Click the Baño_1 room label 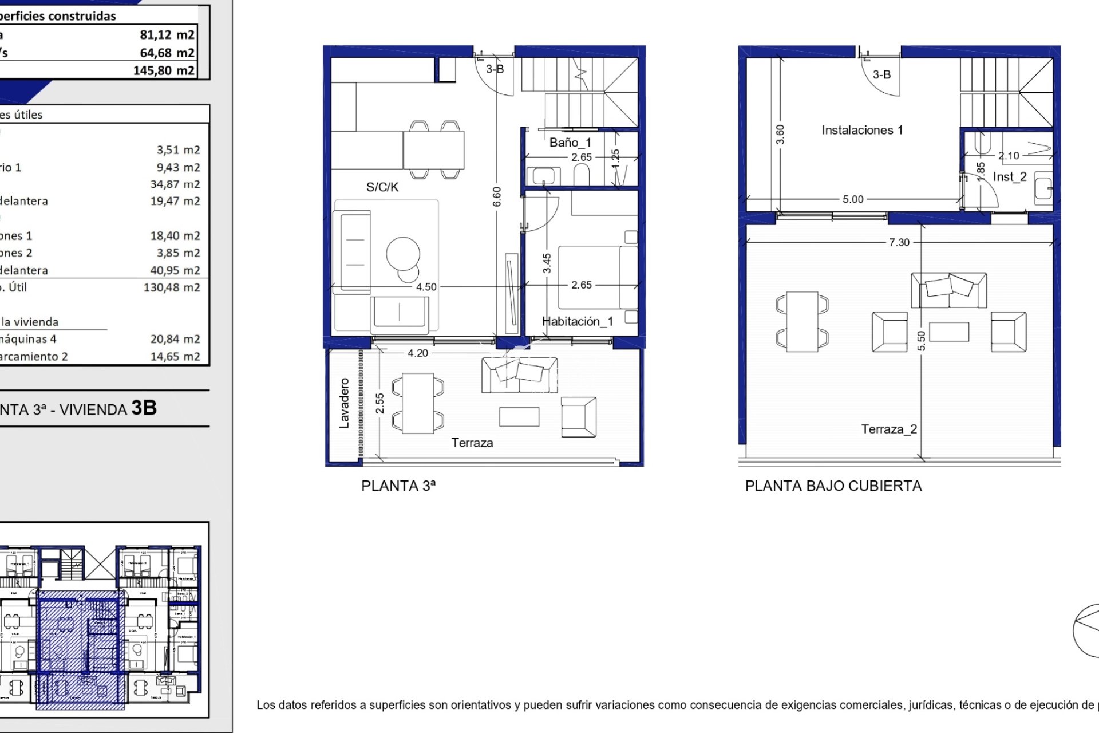[x=570, y=143]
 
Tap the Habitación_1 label [x=577, y=321]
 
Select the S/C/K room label [x=382, y=187]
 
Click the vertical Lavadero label [x=344, y=403]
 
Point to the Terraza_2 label [x=889, y=429]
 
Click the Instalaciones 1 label [x=862, y=131]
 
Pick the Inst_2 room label [x=1010, y=177]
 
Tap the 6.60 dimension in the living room [x=497, y=196]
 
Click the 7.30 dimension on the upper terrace [x=899, y=242]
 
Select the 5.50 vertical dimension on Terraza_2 [x=921, y=341]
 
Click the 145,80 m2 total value [x=164, y=70]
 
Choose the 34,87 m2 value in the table [x=175, y=184]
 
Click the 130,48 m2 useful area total [x=172, y=287]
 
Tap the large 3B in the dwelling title [x=144, y=408]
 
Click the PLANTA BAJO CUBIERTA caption [x=833, y=486]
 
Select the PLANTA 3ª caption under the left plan [x=398, y=486]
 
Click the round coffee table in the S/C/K [x=403, y=254]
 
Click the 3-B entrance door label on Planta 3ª [x=495, y=69]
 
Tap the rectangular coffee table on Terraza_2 [x=949, y=332]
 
